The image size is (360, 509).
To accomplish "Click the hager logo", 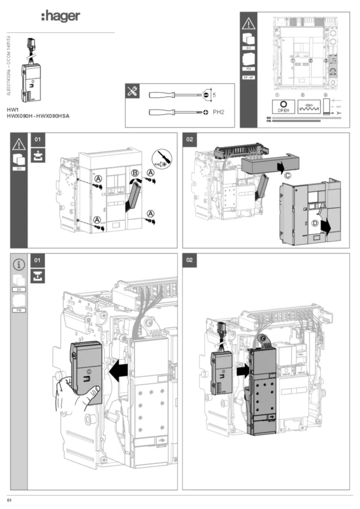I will [x=60, y=16].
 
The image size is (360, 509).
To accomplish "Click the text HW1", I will [x=12, y=109].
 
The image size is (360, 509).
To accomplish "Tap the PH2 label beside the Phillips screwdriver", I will [x=219, y=112].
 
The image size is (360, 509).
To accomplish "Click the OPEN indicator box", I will [x=283, y=107].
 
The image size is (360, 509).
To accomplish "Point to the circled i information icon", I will [x=19, y=264].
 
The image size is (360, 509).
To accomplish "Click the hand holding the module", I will [x=75, y=393].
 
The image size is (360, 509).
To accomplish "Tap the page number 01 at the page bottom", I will [x=9, y=499].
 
